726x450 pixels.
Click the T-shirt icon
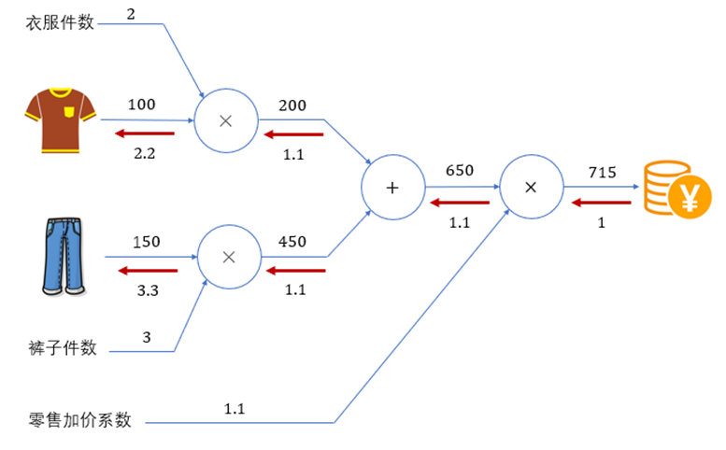tap(61, 118)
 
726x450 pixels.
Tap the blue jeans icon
tap(61, 257)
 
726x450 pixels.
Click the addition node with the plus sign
tap(392, 187)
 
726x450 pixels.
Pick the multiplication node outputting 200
tap(224, 120)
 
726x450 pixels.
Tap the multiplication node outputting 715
tap(530, 187)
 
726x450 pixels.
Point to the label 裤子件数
tap(62, 349)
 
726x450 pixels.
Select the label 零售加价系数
tap(79, 419)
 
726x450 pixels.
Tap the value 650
tap(460, 171)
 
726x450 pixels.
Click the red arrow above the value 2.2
tap(144, 135)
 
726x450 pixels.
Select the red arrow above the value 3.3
tap(147, 272)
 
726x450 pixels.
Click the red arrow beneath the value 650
tap(459, 203)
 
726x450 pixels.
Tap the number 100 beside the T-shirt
tap(143, 105)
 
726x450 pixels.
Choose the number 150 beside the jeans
tap(146, 242)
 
